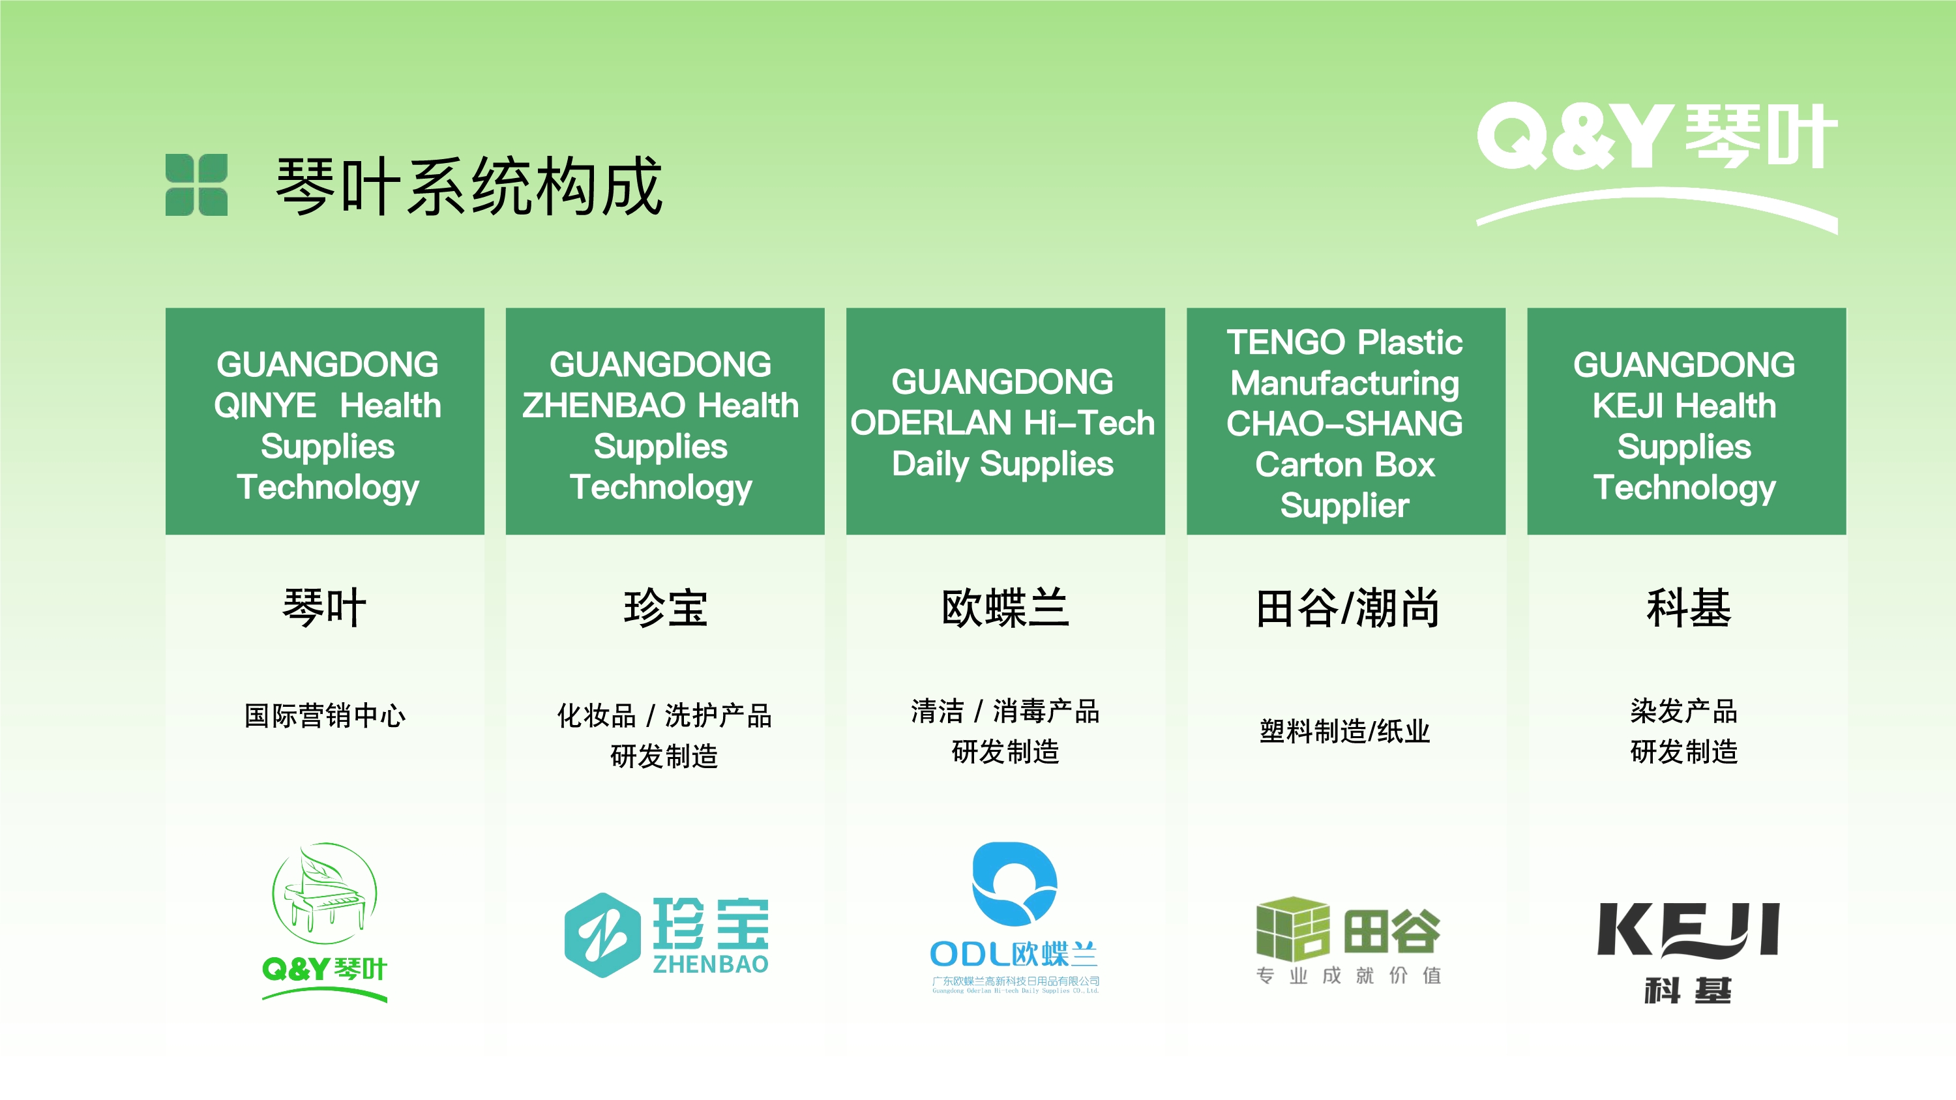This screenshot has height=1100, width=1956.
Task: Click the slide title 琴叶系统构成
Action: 469,186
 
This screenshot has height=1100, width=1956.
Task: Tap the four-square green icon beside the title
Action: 197,185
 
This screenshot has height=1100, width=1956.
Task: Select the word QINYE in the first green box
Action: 265,406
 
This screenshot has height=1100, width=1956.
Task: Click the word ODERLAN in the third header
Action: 931,423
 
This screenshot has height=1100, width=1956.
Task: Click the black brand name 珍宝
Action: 665,608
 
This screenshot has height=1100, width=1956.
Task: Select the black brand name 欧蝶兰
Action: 1005,608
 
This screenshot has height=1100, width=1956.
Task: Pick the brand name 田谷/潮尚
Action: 1347,608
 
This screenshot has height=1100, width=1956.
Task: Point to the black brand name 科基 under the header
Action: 1688,608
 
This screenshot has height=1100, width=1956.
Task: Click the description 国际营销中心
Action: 325,715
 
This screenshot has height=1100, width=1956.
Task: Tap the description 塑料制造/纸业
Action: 1344,731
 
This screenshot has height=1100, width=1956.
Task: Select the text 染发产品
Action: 1683,711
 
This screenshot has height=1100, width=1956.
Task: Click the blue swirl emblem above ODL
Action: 1015,884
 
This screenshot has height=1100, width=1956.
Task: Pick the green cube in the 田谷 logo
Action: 1293,929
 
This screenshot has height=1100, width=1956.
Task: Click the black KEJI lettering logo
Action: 1688,930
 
